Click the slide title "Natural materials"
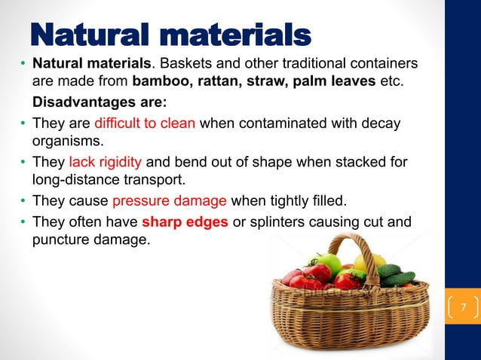170,34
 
